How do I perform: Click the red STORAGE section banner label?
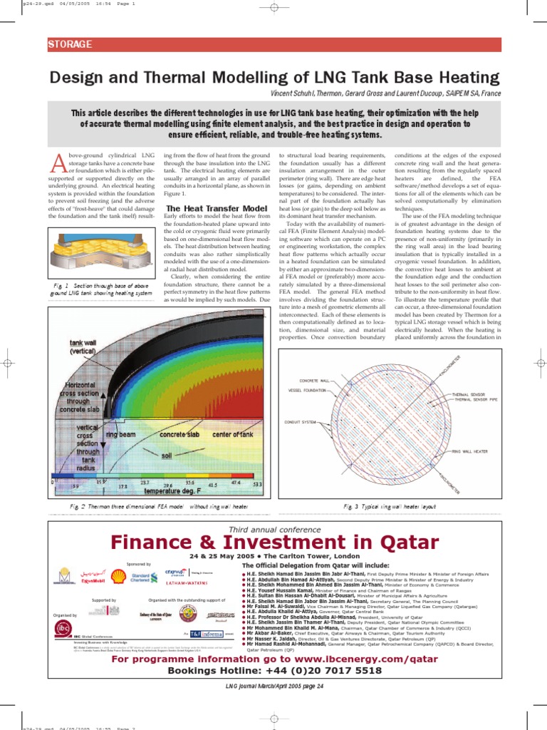point(70,44)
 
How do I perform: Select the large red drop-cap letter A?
point(56,165)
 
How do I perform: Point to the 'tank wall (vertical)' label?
point(83,346)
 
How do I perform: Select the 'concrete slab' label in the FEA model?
point(179,434)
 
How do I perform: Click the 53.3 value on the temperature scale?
point(258,484)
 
